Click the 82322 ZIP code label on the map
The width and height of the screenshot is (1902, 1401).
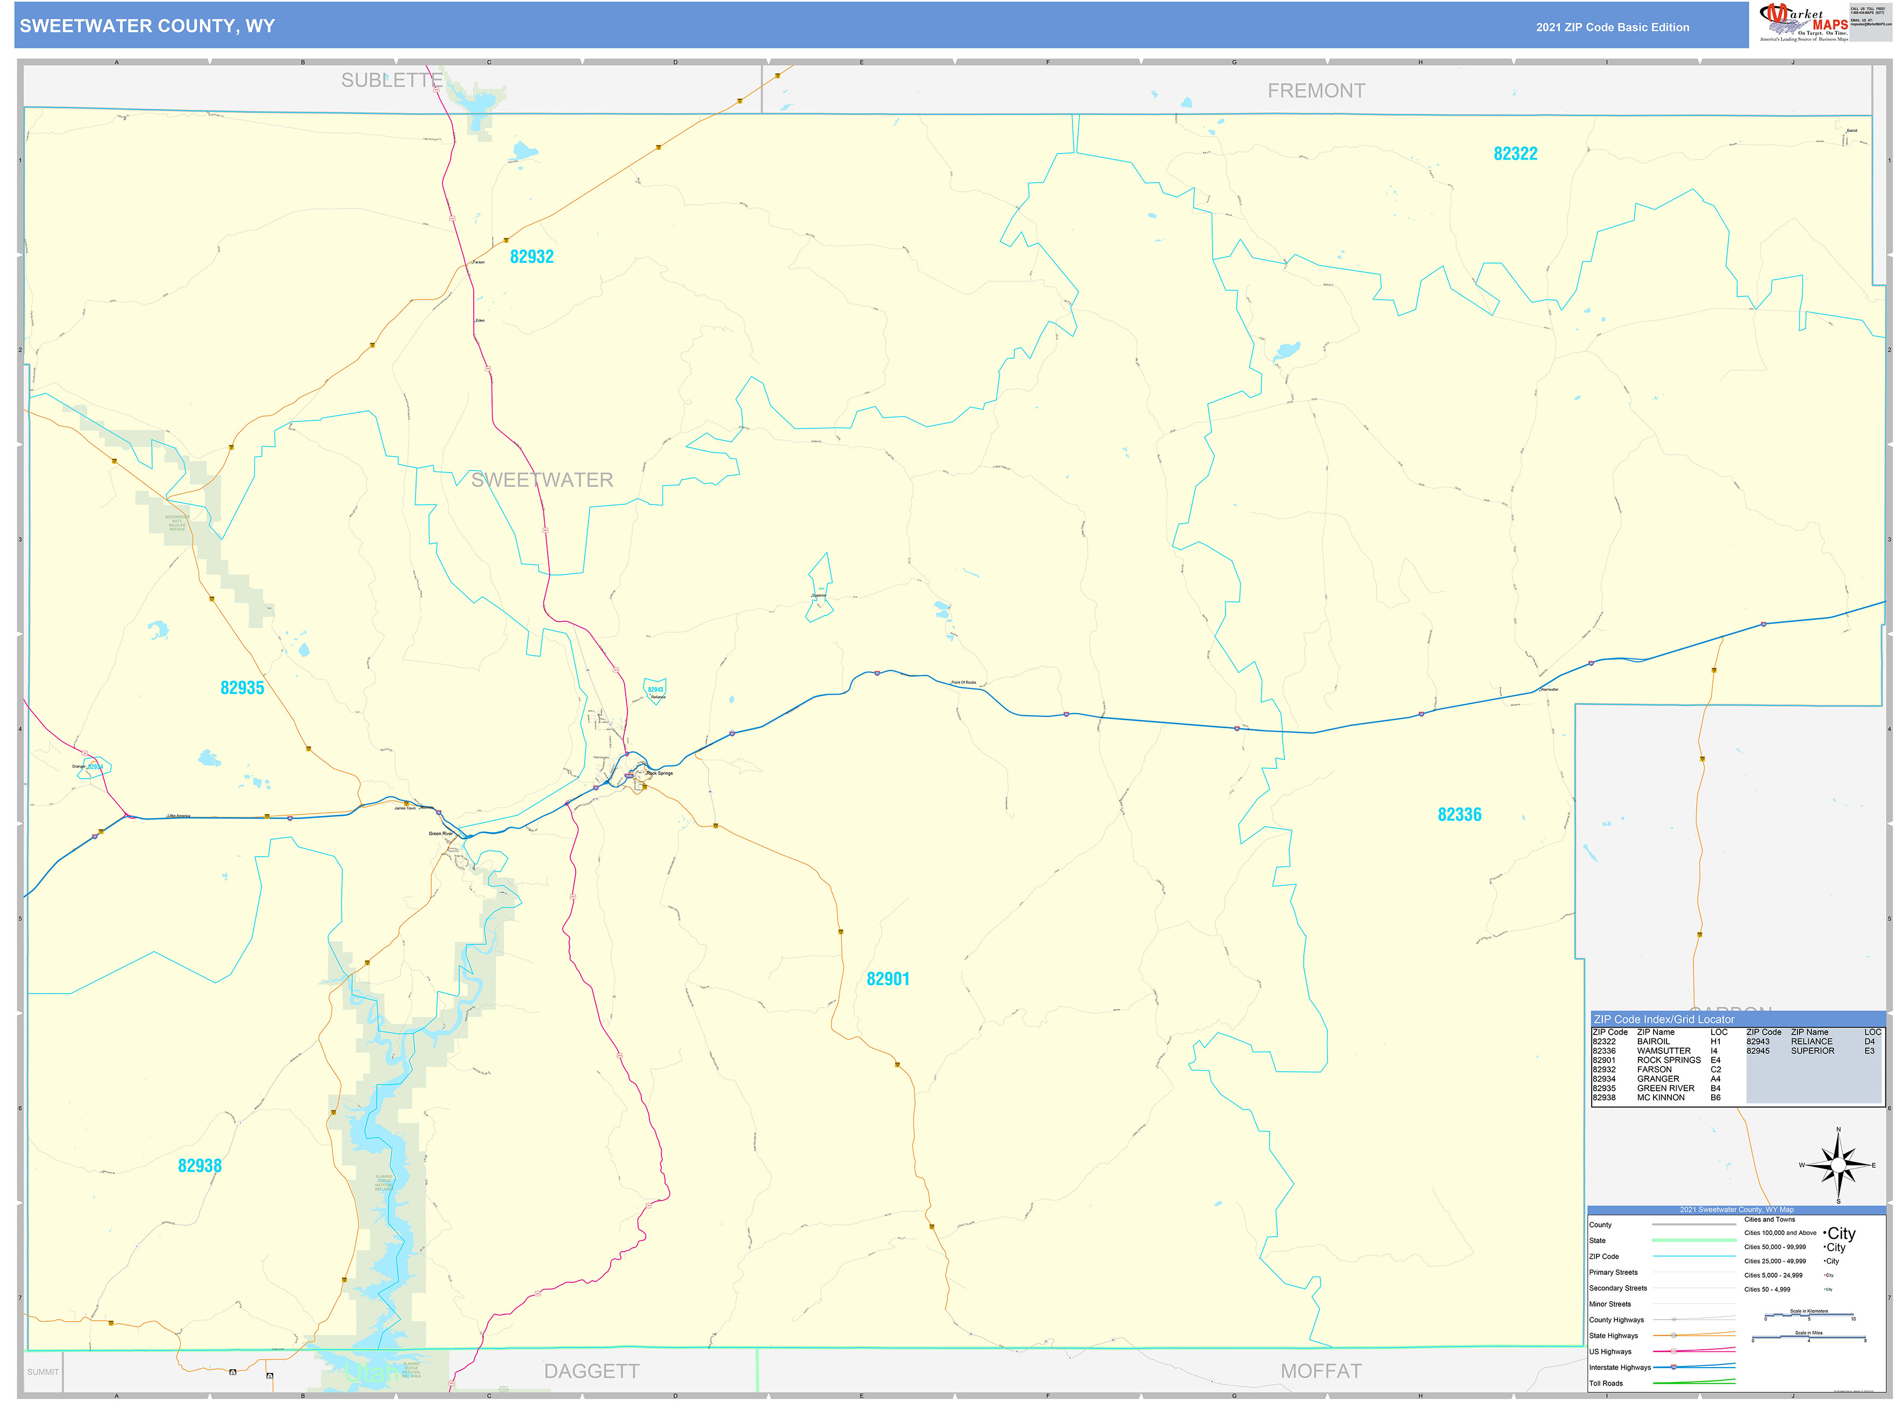(1514, 154)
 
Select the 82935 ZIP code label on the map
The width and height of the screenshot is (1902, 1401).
(242, 688)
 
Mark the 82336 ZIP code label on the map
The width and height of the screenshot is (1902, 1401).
(1458, 815)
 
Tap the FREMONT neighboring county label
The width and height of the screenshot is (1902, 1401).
(1316, 91)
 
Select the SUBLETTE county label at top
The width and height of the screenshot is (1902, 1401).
(391, 81)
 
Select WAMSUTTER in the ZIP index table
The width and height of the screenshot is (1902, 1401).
(1663, 1051)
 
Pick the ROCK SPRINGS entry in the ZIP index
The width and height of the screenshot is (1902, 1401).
(1668, 1060)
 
